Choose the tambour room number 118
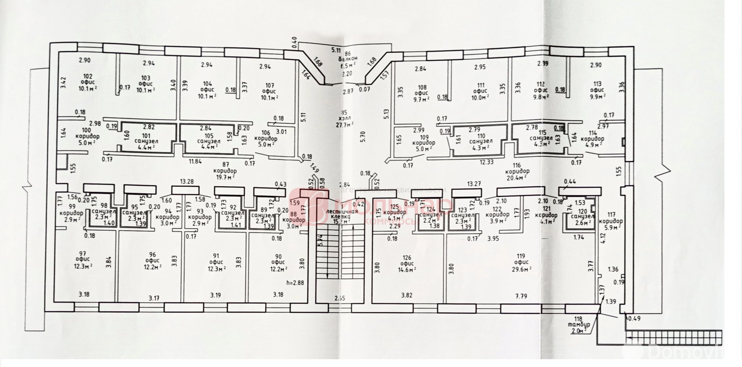[578, 319]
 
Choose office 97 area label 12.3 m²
[84, 266]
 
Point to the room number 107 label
[269, 85]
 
